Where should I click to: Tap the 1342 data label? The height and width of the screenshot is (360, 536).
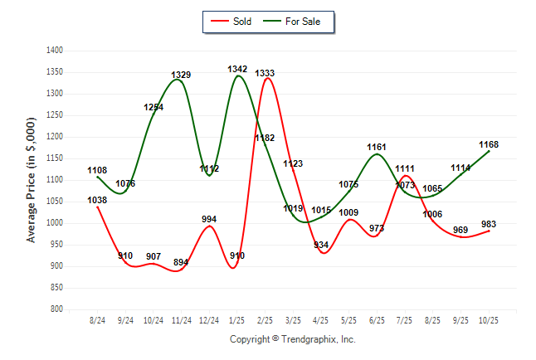[x=237, y=69]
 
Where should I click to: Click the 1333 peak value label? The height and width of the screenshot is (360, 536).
[x=265, y=73]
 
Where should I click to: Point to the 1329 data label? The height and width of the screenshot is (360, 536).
[x=181, y=75]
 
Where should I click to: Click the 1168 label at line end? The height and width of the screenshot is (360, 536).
[x=489, y=144]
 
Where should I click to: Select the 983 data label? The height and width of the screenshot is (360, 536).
[x=489, y=223]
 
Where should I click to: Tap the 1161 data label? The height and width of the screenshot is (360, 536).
[x=377, y=147]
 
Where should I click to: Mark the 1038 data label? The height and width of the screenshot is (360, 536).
[x=97, y=200]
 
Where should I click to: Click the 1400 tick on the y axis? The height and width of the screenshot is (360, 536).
[x=55, y=51]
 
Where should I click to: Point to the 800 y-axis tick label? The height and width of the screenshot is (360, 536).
[x=57, y=309]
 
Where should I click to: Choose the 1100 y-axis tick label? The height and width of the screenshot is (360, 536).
[x=55, y=180]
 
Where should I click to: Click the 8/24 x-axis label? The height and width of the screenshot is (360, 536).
[x=97, y=320]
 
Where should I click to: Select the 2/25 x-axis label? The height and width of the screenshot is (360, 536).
[x=266, y=320]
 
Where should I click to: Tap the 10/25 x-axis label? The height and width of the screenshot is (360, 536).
[x=489, y=320]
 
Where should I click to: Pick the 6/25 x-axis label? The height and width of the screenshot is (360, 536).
[x=377, y=320]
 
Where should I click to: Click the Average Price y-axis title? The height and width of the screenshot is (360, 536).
[x=32, y=180]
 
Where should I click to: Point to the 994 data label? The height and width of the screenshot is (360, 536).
[x=209, y=219]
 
